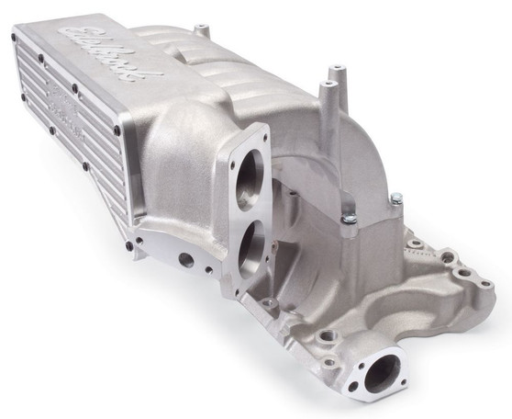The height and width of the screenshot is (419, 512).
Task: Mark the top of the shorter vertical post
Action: (325, 85)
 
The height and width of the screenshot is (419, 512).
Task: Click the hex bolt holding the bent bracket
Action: (351, 218)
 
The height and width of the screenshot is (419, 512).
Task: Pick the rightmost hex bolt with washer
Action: (396, 198)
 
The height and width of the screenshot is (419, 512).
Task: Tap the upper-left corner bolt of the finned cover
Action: (16, 38)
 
